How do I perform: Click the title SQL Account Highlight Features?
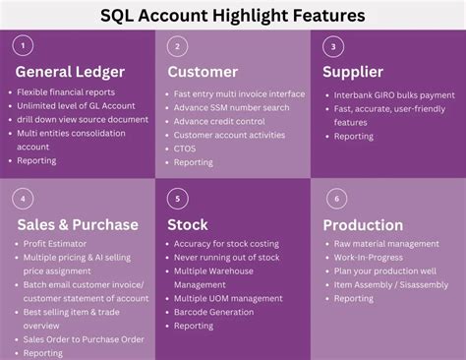click(x=233, y=16)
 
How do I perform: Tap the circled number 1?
click(x=25, y=44)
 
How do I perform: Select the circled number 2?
click(x=176, y=45)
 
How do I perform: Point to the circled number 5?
click(x=176, y=198)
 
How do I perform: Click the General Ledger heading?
click(x=69, y=72)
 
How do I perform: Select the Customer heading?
click(x=203, y=72)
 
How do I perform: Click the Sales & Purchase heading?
click(x=78, y=224)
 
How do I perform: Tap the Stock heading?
click(x=187, y=224)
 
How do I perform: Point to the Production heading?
click(x=363, y=225)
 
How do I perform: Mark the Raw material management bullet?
click(x=386, y=244)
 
